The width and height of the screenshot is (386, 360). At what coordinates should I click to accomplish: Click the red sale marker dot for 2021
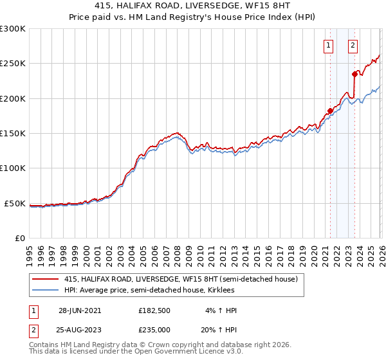pyautogui.click(x=330, y=111)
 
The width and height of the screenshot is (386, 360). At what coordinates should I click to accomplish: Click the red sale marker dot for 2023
pyautogui.click(x=354, y=74)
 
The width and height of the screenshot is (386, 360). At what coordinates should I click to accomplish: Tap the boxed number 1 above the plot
pyautogui.click(x=328, y=45)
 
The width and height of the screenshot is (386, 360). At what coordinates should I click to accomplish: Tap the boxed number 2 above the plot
pyautogui.click(x=353, y=45)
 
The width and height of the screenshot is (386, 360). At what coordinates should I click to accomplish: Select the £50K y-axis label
pyautogui.click(x=15, y=204)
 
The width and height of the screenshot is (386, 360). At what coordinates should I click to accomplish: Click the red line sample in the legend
pyautogui.click(x=44, y=280)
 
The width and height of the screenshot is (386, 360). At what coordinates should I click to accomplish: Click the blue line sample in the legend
pyautogui.click(x=44, y=291)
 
